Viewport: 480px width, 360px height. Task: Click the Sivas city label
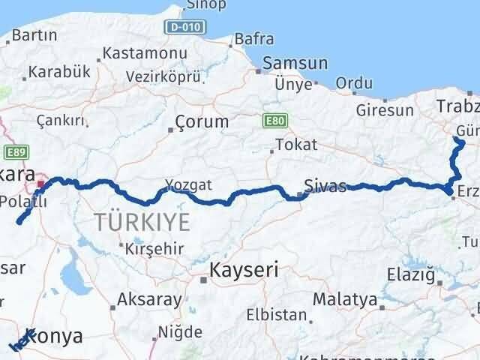click(325, 186)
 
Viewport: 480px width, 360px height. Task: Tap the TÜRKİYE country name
click(142, 221)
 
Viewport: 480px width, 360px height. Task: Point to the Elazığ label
click(411, 274)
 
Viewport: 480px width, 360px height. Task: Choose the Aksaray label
click(150, 301)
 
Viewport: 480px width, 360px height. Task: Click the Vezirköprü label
click(163, 77)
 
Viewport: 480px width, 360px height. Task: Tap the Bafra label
click(253, 39)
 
